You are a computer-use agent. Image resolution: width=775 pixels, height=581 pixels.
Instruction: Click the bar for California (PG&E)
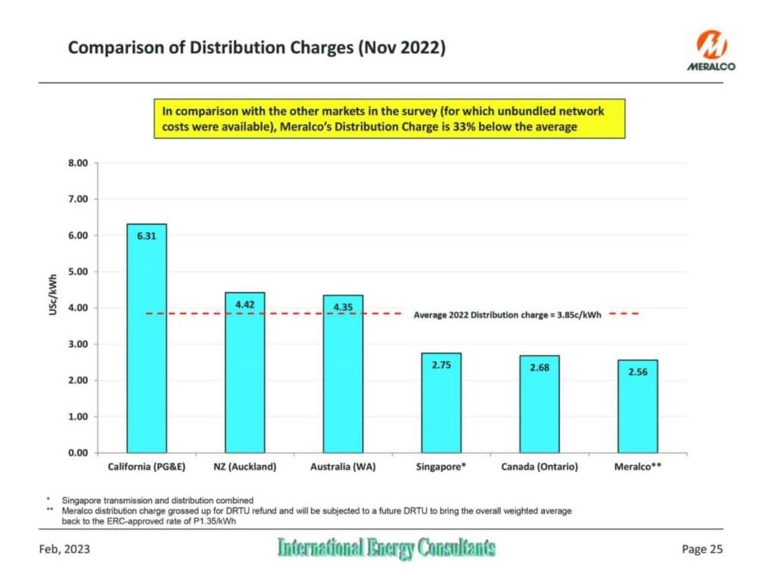pos(147,338)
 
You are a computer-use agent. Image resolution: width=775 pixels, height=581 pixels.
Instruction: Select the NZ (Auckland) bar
pos(244,372)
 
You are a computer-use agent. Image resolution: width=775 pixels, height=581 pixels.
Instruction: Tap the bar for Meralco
pos(637,406)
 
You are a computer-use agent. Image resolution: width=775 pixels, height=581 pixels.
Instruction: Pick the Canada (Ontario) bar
pos(539,404)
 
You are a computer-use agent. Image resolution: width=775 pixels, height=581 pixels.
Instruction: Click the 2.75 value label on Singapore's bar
pos(441,365)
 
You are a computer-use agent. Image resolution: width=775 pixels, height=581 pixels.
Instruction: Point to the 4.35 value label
pos(343,307)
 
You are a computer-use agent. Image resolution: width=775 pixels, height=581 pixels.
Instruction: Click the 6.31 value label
pos(146,236)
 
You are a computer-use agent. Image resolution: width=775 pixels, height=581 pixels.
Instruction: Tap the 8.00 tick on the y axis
pos(78,163)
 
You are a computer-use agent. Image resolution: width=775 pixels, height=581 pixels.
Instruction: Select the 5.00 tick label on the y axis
pos(78,272)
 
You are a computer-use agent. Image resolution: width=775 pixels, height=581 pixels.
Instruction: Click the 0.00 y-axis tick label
pos(78,453)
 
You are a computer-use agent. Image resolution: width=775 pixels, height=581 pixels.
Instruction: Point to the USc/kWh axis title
pos(53,295)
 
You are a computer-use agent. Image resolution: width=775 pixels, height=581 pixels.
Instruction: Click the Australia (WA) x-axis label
pos(343,467)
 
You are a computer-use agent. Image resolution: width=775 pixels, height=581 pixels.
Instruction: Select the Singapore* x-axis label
pos(441,467)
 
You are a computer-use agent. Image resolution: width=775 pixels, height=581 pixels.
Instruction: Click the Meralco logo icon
pos(711,45)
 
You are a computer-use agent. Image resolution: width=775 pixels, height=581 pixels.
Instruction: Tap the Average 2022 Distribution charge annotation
pos(507,315)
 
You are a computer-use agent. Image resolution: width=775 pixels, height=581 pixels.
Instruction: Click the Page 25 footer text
pos(702,549)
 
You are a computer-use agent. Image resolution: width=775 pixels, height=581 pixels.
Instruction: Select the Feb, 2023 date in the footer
pos(64,549)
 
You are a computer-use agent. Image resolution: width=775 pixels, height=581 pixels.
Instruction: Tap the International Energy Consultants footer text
pos(387,548)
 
